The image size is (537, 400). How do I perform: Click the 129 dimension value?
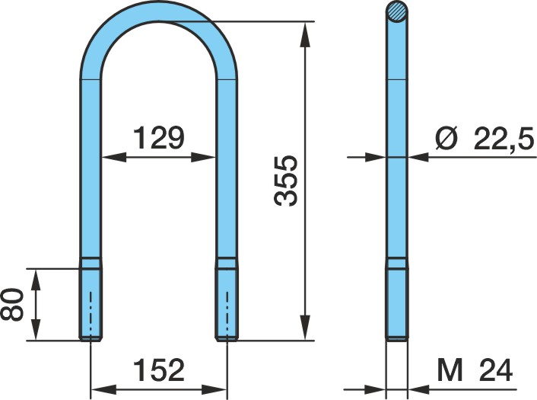pos(158,138)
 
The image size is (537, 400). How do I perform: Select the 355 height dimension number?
pos(286,181)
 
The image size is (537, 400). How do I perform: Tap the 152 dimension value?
pos(158,370)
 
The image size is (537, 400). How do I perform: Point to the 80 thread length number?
pos(11,304)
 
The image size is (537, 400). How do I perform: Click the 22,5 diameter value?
pos(504,139)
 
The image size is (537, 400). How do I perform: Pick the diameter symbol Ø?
pos(446,138)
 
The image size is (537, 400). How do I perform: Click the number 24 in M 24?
pos(496,370)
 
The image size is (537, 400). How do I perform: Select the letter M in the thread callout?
pos(450,370)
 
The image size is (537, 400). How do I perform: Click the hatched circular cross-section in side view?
pos(397,12)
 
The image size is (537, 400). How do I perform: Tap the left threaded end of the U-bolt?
pos(90,299)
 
